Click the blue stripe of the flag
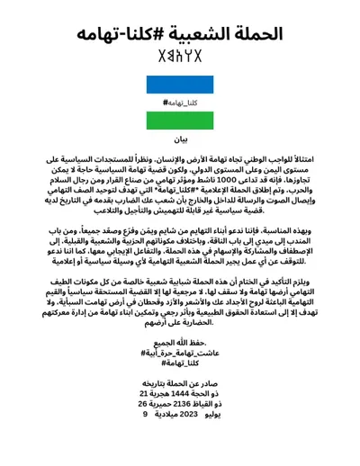[x=180, y=87]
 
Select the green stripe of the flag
[x=180, y=118]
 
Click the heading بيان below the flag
[x=180, y=140]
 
